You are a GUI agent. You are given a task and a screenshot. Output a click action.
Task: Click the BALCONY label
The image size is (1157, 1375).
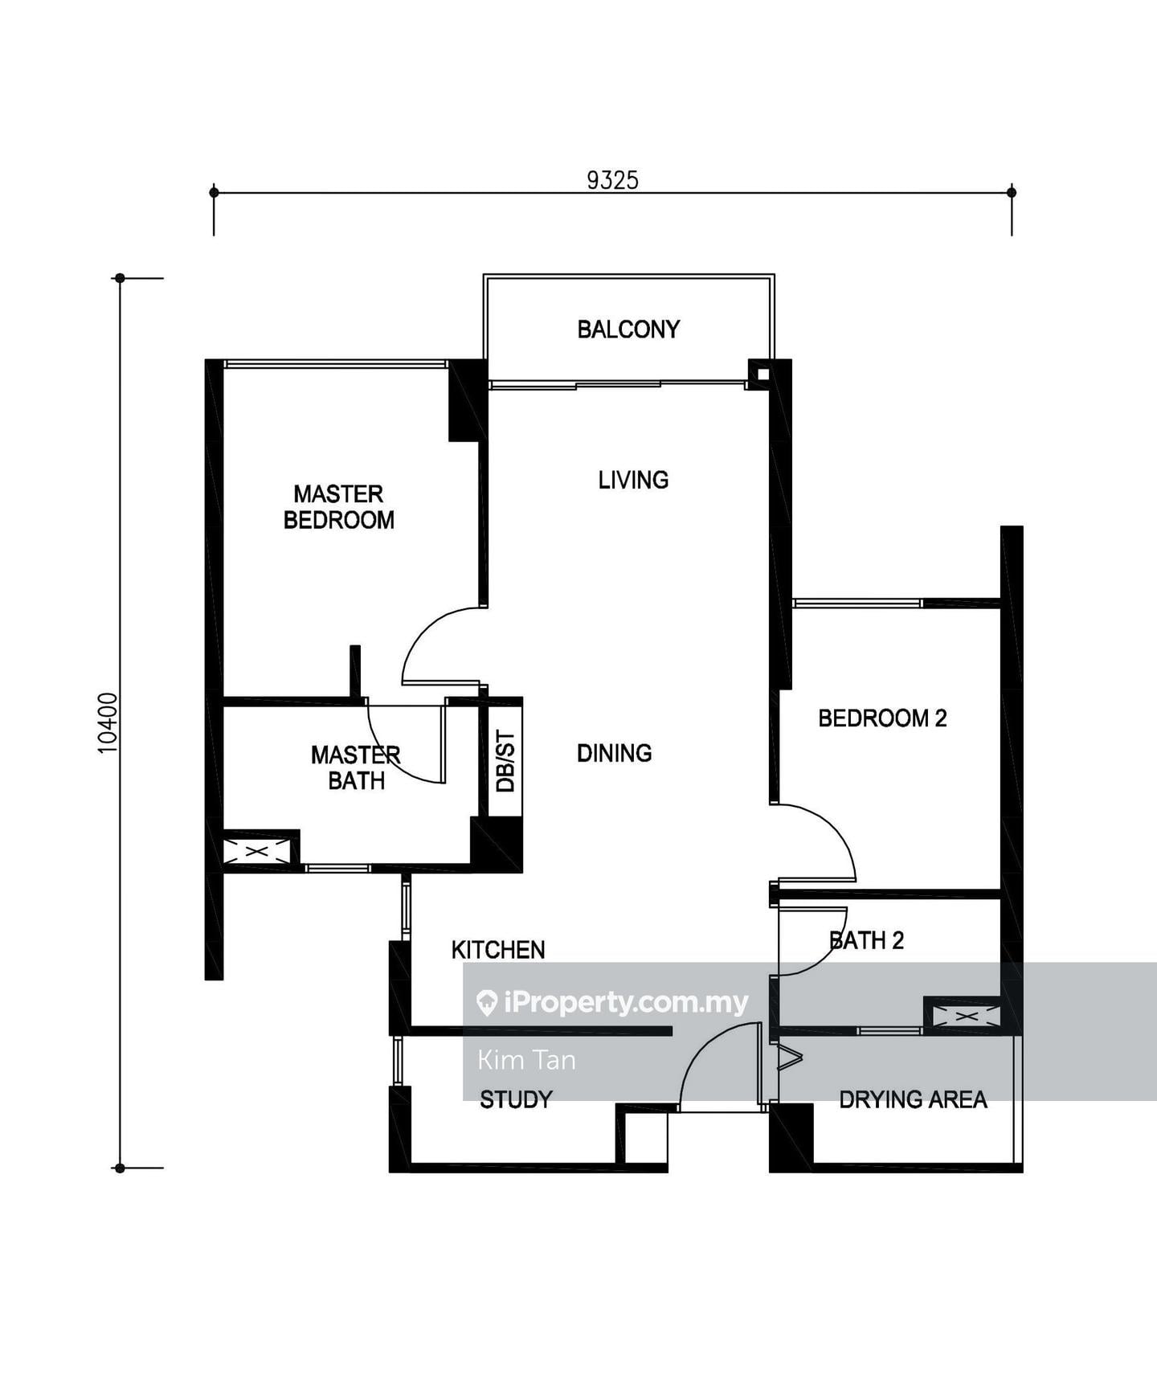tap(628, 329)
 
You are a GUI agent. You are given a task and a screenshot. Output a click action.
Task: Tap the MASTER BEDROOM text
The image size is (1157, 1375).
tap(339, 507)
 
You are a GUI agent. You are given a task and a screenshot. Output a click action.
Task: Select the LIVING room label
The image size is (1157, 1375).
tap(633, 480)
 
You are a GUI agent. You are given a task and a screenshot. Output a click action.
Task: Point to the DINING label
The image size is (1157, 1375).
tap(615, 753)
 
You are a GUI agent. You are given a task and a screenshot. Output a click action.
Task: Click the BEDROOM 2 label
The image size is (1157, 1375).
tap(882, 718)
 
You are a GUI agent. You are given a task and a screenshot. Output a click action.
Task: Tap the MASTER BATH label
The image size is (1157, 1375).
tap(356, 767)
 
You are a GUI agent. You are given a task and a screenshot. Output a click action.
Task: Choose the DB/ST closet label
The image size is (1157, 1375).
tap(505, 761)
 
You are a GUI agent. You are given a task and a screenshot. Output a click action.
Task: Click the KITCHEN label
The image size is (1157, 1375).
tap(498, 950)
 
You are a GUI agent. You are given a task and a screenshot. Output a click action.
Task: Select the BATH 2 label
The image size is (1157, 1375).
tap(866, 940)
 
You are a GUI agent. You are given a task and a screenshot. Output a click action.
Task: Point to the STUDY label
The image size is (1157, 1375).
tap(516, 1099)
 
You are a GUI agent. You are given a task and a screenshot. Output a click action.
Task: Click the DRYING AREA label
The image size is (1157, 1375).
tap(913, 1099)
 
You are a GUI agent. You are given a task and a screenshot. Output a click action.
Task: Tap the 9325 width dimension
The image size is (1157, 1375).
tap(612, 180)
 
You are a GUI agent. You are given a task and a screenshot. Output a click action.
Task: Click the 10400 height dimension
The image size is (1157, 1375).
tap(108, 723)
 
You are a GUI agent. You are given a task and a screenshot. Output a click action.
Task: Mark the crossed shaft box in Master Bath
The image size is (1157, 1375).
tap(256, 851)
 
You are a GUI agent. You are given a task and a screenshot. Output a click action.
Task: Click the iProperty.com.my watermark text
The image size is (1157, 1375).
tap(626, 1002)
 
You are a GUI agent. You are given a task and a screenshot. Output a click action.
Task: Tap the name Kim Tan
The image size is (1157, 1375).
tap(526, 1060)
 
